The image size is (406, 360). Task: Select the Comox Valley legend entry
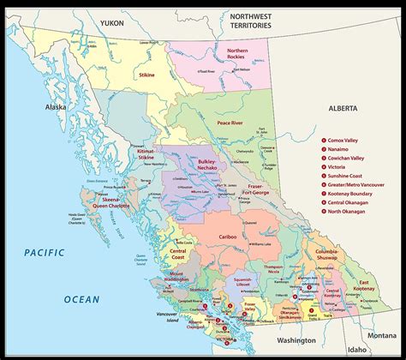click(347, 138)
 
